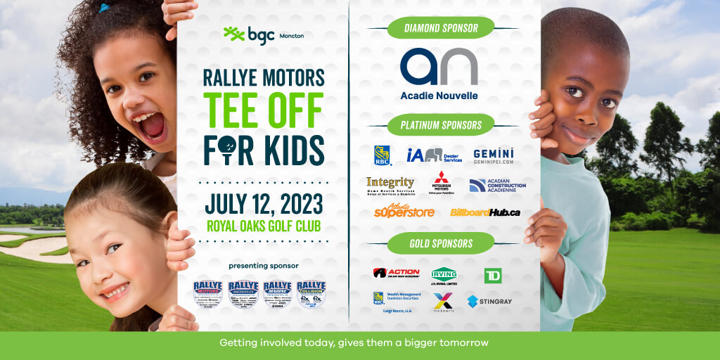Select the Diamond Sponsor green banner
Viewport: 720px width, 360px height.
point(441,28)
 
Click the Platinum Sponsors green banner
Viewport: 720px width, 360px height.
point(441,125)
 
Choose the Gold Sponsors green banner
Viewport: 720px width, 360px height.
point(441,243)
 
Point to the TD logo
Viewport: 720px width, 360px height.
point(493,275)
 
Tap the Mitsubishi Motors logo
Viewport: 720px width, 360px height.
point(441,182)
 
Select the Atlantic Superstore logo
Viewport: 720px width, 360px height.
point(404,210)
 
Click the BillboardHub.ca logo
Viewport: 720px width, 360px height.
point(485,212)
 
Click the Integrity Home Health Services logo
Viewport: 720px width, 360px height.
point(390,185)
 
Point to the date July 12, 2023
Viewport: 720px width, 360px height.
point(264,203)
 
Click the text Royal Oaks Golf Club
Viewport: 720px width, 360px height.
point(264,226)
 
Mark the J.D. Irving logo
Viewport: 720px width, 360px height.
point(444,275)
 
